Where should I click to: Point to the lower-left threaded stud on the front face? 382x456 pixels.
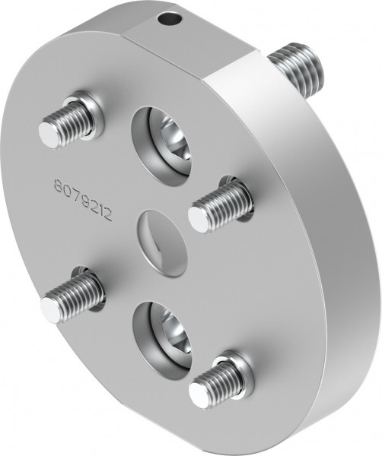pyautogui.click(x=72, y=296)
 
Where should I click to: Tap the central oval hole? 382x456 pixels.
pyautogui.click(x=162, y=242)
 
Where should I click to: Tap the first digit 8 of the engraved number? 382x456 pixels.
pyautogui.click(x=58, y=185)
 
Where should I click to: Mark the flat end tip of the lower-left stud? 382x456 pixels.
pyautogui.click(x=51, y=309)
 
